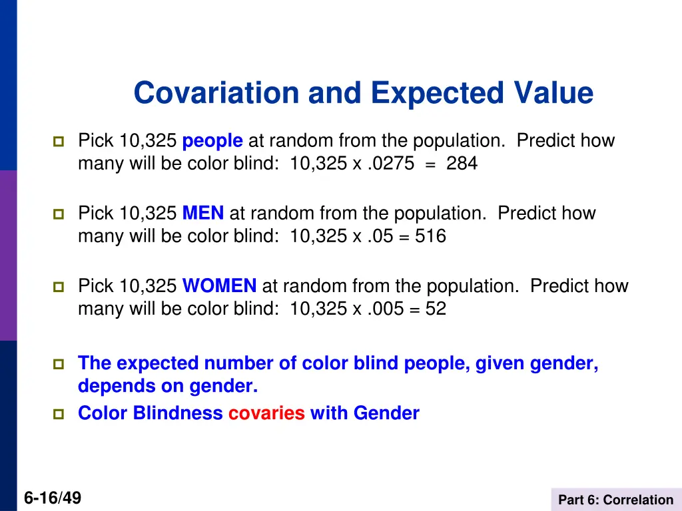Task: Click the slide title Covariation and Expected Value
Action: (363, 92)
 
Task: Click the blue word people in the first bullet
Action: (212, 141)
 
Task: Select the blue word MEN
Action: (203, 214)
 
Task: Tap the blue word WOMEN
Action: (219, 286)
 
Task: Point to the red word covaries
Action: (266, 413)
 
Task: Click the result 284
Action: (462, 164)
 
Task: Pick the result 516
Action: (430, 236)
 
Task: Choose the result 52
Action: (436, 309)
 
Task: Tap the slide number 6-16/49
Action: (52, 497)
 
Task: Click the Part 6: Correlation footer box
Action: (615, 500)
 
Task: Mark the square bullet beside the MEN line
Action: (57, 214)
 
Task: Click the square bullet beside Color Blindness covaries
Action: (57, 414)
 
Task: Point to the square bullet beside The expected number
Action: (57, 364)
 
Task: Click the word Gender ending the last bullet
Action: (386, 413)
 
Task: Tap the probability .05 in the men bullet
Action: (380, 236)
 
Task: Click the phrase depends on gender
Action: (167, 386)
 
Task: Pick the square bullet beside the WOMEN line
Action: (57, 287)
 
